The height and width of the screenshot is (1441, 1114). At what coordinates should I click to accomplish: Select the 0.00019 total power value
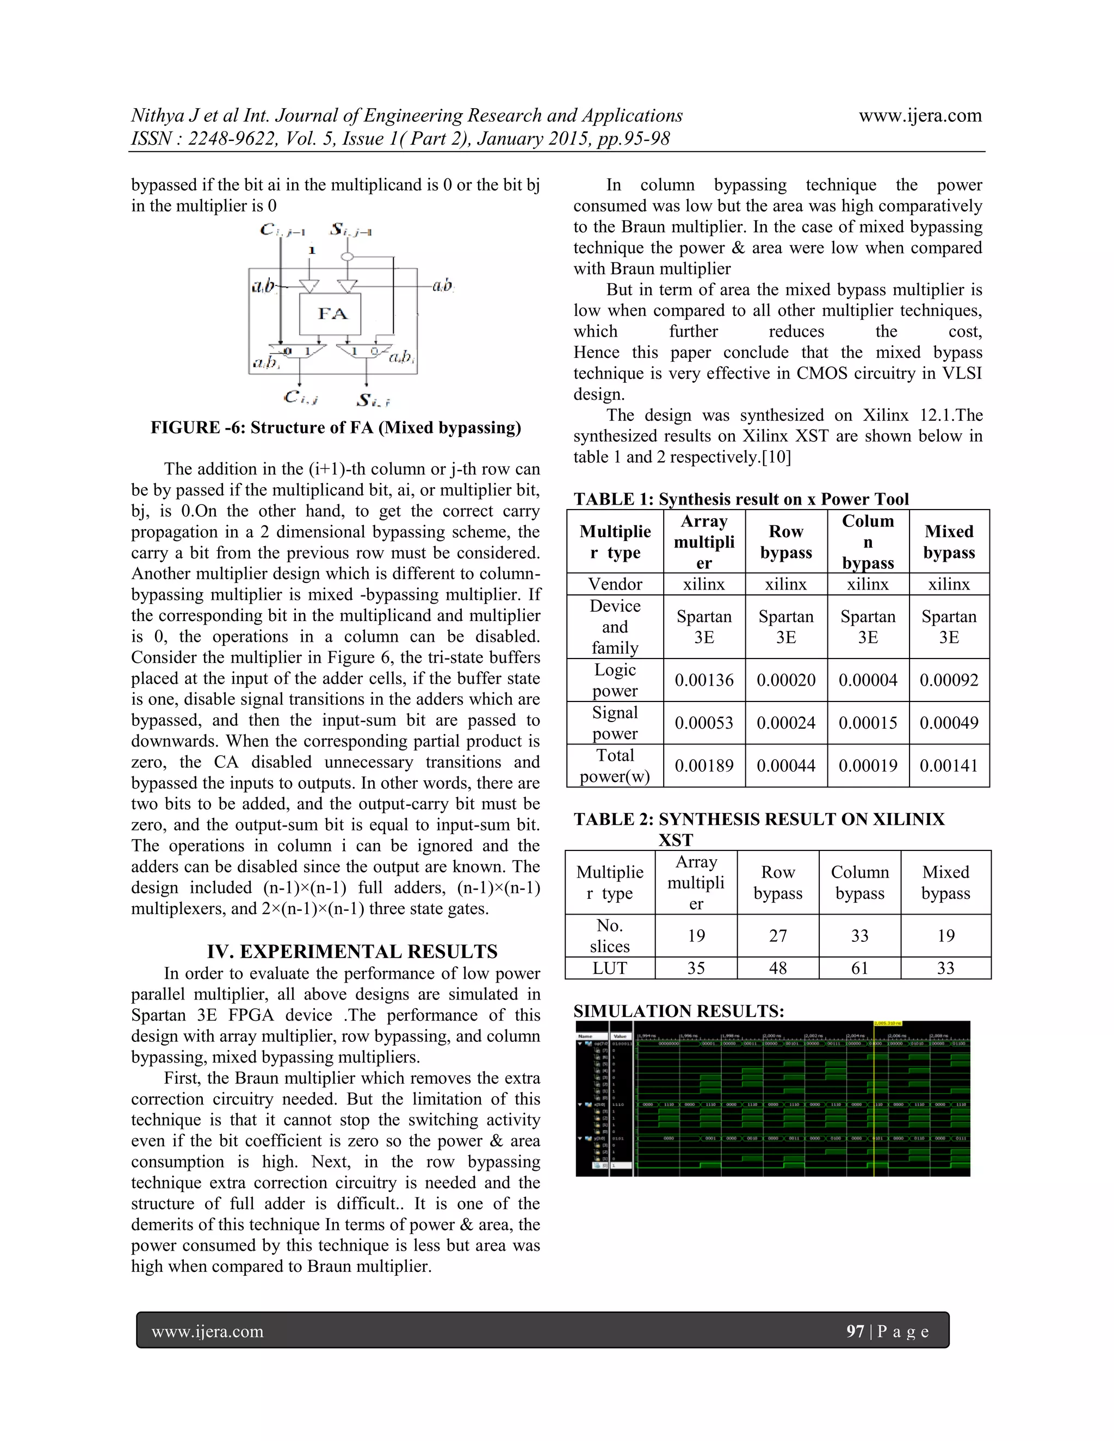[867, 766]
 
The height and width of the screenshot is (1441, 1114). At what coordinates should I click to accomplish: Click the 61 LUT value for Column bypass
[859, 968]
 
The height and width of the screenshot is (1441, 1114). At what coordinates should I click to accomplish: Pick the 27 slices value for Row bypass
[777, 936]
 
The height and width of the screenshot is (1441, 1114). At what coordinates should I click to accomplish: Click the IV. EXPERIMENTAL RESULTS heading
[352, 952]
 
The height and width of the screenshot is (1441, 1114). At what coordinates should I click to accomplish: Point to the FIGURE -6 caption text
[335, 427]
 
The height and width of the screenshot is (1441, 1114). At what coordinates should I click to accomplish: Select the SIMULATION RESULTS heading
[678, 1011]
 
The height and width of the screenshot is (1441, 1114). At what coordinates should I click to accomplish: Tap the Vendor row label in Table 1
[615, 584]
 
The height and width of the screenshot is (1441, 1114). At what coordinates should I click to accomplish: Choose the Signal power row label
[615, 723]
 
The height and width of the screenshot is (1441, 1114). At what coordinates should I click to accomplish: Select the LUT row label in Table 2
[609, 968]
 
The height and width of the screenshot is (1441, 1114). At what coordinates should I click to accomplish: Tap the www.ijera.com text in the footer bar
[207, 1332]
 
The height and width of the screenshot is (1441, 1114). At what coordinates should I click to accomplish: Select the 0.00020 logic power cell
[785, 680]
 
